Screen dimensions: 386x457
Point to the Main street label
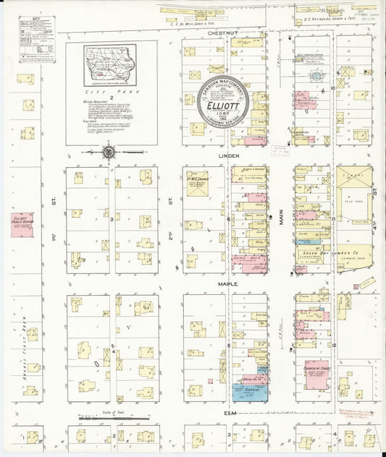click(x=282, y=214)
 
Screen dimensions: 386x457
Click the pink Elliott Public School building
click(x=22, y=226)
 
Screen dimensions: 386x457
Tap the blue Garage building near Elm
click(x=248, y=393)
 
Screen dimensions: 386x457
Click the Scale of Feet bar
click(x=112, y=418)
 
